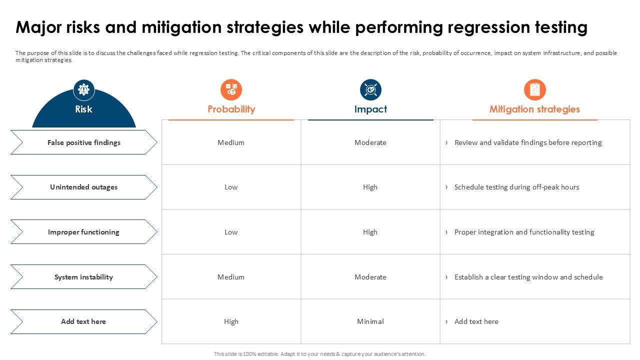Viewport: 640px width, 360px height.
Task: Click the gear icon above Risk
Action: pos(83,90)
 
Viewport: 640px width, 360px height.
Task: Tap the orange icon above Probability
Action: pos(231,90)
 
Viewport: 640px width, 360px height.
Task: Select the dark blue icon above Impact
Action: pos(370,90)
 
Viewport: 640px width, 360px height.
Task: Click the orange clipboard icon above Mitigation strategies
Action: pos(534,90)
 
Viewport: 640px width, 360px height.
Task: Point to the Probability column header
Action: pos(231,109)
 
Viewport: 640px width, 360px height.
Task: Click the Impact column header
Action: pos(370,109)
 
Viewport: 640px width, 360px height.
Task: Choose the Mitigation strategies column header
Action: pos(534,109)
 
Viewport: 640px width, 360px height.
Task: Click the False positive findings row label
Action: pos(83,142)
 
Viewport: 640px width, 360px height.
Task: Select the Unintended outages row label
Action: pos(83,187)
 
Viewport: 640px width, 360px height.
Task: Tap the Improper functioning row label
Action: pos(83,232)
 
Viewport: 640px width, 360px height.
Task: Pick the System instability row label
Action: pos(83,277)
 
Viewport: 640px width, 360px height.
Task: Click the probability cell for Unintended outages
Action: pos(231,187)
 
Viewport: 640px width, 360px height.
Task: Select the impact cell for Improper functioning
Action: pos(370,232)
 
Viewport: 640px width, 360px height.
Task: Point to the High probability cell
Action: pos(231,321)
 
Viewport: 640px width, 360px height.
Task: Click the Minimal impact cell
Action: pos(370,321)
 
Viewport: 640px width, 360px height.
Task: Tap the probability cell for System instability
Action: pos(231,277)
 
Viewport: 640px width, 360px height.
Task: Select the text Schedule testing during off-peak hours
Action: pos(516,187)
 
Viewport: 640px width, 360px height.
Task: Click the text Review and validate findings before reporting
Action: pos(527,142)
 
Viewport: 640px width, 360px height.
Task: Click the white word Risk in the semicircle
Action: pos(83,109)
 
